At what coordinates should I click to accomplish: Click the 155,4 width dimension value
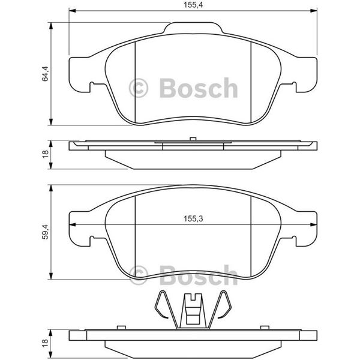coord(193,5)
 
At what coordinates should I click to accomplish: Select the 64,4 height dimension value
coord(45,73)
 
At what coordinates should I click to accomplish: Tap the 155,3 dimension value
coord(193,218)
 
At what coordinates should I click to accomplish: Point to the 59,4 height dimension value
coord(45,232)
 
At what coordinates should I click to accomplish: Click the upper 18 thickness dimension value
coord(46,154)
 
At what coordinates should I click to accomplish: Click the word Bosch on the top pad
coord(199,88)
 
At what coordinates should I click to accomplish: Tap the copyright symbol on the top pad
coord(139,88)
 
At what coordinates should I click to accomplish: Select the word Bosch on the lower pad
coord(199,275)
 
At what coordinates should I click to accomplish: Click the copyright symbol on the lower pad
coord(139,275)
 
